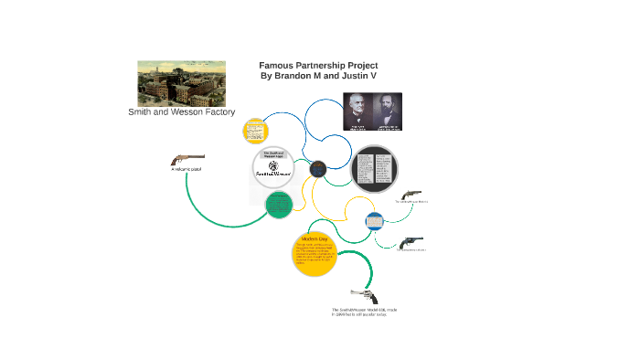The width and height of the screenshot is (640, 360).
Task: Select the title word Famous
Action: point(276,66)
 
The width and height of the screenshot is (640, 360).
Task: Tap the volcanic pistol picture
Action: point(187,159)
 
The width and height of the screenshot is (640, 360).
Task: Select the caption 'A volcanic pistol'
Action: point(187,170)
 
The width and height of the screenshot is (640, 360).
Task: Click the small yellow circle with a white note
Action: point(254,130)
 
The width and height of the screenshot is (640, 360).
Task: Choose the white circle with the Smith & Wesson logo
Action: point(275,168)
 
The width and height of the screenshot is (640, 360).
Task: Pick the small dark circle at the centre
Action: point(318,168)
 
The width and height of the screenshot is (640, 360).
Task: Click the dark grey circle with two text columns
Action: point(375,171)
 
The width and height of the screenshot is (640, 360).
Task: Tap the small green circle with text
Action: point(278,205)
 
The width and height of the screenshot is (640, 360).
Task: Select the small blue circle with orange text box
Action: point(375,221)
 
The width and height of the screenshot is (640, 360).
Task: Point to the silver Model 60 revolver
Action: point(363,297)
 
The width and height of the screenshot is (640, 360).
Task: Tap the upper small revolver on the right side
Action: point(411,195)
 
